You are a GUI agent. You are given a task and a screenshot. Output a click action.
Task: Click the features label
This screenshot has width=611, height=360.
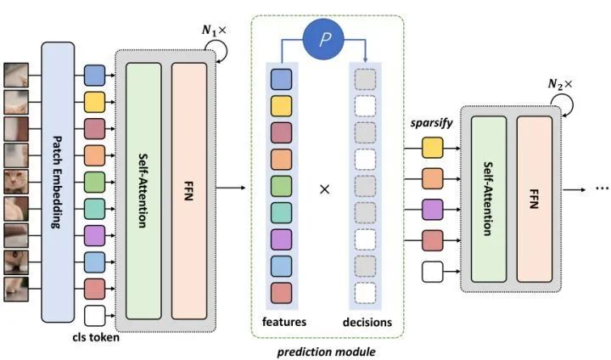tap(284, 322)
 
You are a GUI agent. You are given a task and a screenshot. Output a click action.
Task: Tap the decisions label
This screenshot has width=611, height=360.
tap(367, 322)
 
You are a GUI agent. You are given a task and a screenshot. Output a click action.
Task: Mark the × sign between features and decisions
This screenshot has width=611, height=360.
tap(323, 188)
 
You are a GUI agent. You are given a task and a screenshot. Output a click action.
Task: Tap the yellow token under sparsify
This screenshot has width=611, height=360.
tap(434, 150)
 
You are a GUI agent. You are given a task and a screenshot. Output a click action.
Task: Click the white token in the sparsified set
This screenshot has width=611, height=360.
tap(434, 271)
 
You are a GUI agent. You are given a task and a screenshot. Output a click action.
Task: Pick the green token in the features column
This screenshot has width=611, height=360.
tap(282, 187)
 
